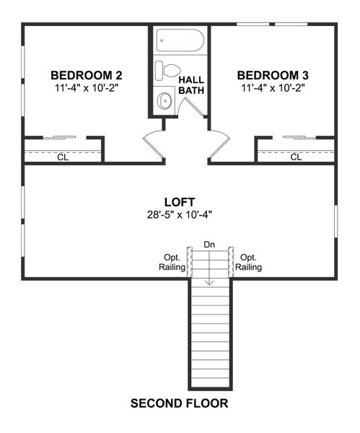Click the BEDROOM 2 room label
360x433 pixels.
click(x=86, y=75)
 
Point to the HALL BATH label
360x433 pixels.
click(x=192, y=85)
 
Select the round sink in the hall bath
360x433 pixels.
click(x=165, y=101)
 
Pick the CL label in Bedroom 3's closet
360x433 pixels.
click(x=296, y=157)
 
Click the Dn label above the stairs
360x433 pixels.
click(x=210, y=245)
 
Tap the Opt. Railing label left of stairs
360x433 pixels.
click(x=172, y=262)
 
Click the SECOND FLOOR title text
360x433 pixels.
click(x=180, y=403)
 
